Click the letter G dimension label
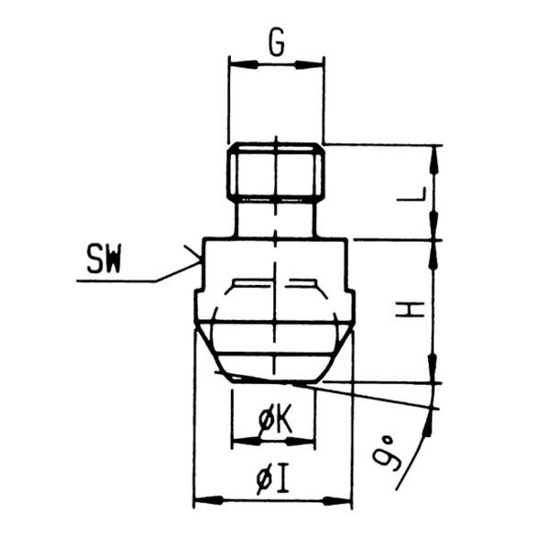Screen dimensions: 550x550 (x=277, y=44)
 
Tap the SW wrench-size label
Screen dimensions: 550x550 (x=104, y=258)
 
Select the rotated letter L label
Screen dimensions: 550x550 (x=412, y=194)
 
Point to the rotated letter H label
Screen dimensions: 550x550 (x=410, y=310)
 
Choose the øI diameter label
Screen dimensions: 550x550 (x=272, y=478)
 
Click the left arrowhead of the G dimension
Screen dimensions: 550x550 (x=243, y=64)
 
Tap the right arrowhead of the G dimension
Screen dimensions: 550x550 (x=309, y=64)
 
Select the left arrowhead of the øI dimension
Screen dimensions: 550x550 (x=208, y=500)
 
